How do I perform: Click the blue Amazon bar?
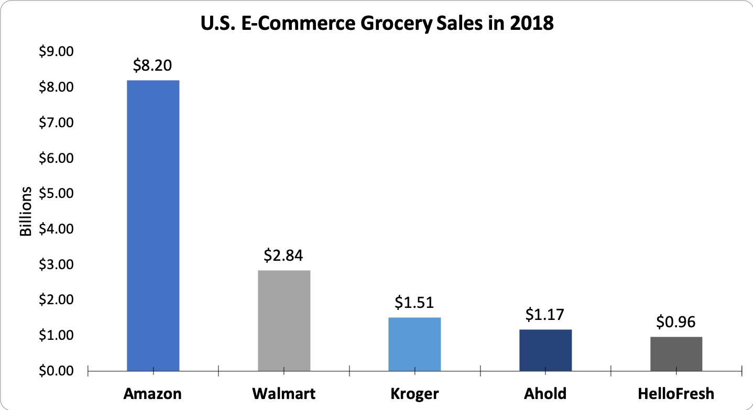tap(153, 226)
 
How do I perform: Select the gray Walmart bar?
tap(284, 320)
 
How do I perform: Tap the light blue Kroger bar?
tap(414, 344)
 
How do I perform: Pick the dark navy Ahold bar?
tap(545, 350)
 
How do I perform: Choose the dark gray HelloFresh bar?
tap(676, 354)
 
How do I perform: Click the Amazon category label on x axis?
tap(152, 393)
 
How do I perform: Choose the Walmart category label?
tap(283, 393)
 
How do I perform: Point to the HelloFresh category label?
tap(676, 393)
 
